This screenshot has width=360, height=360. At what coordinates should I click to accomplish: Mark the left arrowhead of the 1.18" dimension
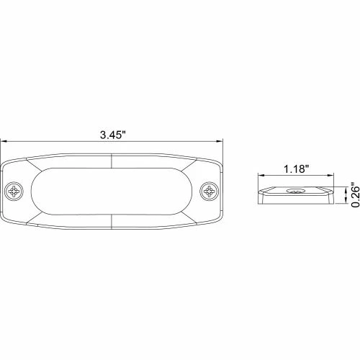[261, 177]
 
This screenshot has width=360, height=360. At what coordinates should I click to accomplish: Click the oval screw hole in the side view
[295, 192]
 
